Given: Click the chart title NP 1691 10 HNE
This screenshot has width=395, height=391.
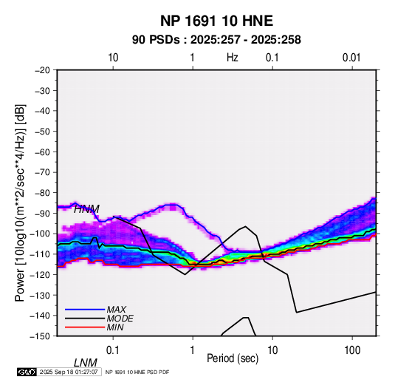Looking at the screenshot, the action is pyautogui.click(x=216, y=21).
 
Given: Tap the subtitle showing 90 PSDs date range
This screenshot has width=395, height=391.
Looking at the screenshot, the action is pyautogui.click(x=216, y=40).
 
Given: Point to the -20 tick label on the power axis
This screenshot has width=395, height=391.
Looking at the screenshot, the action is pyautogui.click(x=42, y=70).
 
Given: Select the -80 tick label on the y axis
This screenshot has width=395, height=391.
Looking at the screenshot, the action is pyautogui.click(x=42, y=193).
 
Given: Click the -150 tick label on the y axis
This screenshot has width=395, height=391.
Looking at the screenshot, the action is pyautogui.click(x=40, y=336).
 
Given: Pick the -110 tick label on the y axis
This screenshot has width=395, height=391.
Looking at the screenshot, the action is pyautogui.click(x=40, y=254).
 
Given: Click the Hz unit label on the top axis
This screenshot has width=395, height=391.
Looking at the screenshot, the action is pyautogui.click(x=233, y=58).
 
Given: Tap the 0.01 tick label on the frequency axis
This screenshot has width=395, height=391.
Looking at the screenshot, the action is pyautogui.click(x=351, y=58).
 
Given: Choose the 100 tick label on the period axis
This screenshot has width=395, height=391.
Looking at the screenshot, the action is pyautogui.click(x=351, y=350).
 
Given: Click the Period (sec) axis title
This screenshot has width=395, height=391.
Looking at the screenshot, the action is pyautogui.click(x=233, y=358).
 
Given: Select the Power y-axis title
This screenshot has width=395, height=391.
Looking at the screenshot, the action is pyautogui.click(x=20, y=203).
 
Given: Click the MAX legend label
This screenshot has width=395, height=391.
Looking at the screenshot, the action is pyautogui.click(x=117, y=309).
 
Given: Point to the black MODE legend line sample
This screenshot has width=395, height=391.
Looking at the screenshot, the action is pyautogui.click(x=85, y=319).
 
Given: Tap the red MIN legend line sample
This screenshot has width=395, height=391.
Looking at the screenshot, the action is pyautogui.click(x=85, y=327).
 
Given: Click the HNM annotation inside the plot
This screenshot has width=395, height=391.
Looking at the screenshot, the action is pyautogui.click(x=86, y=209).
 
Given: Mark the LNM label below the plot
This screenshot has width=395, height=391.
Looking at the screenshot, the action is pyautogui.click(x=86, y=363).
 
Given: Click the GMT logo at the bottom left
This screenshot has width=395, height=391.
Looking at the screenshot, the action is pyautogui.click(x=27, y=372).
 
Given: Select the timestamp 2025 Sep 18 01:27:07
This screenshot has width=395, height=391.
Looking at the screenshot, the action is pyautogui.click(x=69, y=372).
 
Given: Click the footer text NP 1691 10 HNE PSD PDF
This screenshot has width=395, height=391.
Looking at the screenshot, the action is pyautogui.click(x=137, y=372).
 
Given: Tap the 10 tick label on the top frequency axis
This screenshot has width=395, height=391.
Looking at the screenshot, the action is pyautogui.click(x=113, y=58).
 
